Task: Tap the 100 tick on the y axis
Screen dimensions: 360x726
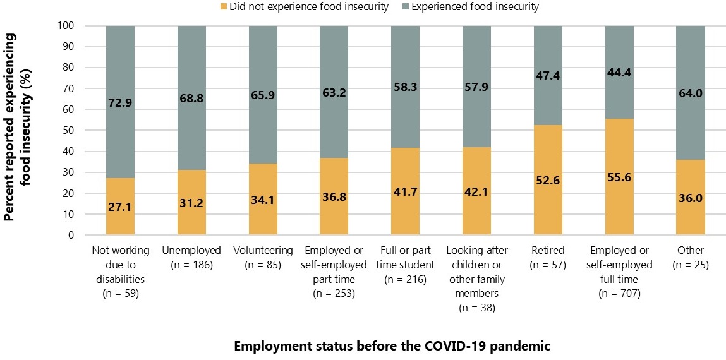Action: coord(66,26)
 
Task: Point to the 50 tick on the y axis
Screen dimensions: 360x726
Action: coord(68,131)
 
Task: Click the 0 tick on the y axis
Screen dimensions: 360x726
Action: coord(71,236)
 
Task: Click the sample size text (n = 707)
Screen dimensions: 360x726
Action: coord(619,294)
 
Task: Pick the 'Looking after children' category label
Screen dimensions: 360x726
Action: coord(476,272)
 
